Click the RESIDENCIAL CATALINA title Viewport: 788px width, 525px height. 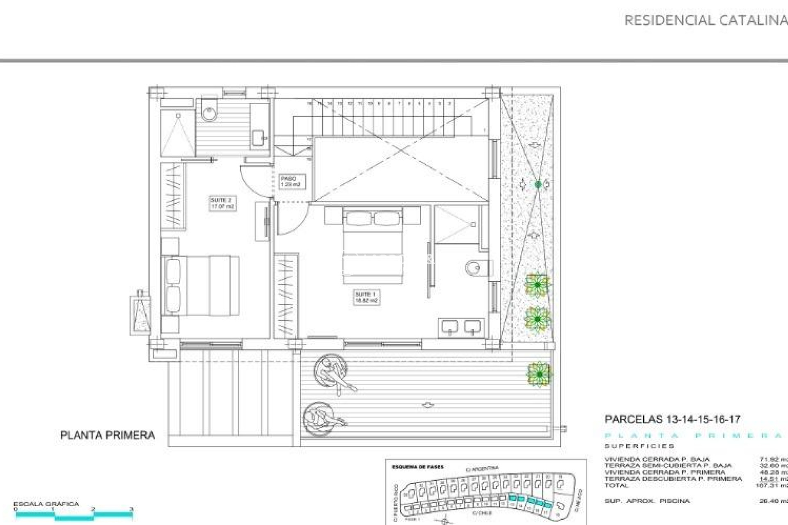705,20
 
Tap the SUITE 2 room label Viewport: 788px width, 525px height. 222,203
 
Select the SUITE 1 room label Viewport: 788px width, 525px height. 366,297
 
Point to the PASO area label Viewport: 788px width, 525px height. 290,182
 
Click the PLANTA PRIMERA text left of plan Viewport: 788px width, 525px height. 108,435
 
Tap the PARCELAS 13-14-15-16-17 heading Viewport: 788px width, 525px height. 672,419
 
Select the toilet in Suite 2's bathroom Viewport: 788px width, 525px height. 209,110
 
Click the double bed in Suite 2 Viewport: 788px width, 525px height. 201,285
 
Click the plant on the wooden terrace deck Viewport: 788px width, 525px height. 538,374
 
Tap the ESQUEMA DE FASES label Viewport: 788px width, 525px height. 417,467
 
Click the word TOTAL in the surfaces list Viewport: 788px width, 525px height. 616,486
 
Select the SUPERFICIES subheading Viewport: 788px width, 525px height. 639,446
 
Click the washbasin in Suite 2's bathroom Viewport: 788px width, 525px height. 259,137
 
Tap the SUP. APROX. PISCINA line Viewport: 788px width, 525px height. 647,501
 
